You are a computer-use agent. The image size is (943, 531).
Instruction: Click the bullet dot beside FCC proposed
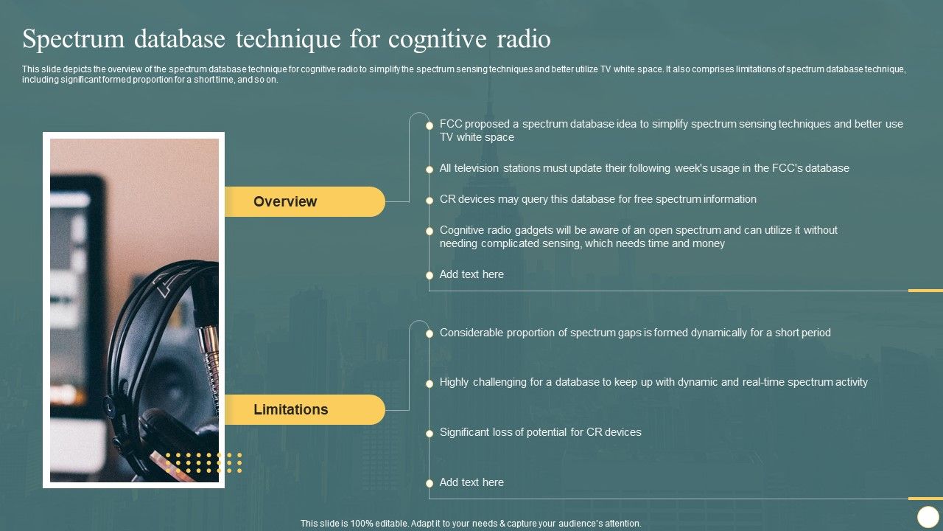pyautogui.click(x=430, y=125)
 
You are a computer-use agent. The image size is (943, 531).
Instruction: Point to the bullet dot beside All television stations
pyautogui.click(x=430, y=169)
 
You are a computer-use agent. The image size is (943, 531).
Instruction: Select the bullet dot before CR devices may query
pyautogui.click(x=430, y=200)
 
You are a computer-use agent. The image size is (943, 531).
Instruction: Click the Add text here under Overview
pyautogui.click(x=471, y=274)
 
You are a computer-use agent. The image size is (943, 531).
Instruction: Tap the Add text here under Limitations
pyautogui.click(x=471, y=482)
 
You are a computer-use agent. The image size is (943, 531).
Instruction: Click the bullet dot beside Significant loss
pyautogui.click(x=430, y=433)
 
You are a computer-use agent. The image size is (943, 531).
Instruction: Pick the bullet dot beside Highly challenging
pyautogui.click(x=430, y=383)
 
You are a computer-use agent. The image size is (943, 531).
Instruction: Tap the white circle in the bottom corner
pyautogui.click(x=928, y=516)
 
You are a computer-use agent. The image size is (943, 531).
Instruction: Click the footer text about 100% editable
pyautogui.click(x=471, y=524)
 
